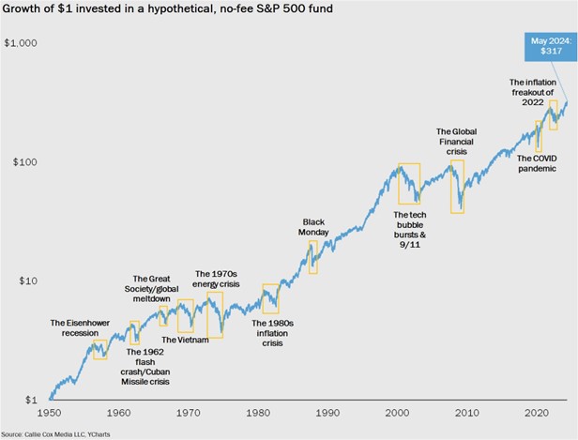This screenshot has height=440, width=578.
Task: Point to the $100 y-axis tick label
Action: pyautogui.click(x=23, y=162)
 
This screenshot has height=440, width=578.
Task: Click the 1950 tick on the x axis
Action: pyautogui.click(x=48, y=413)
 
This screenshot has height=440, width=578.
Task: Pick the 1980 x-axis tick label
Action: pyautogui.click(x=258, y=413)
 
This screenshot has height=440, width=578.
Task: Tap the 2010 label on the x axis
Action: pyautogui.click(x=467, y=413)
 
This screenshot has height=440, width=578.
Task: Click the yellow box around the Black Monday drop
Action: pyautogui.click(x=312, y=257)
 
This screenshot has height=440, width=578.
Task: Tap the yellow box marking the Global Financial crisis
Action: pyautogui.click(x=457, y=186)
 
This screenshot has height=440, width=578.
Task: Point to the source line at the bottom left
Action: pyautogui.click(x=62, y=432)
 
